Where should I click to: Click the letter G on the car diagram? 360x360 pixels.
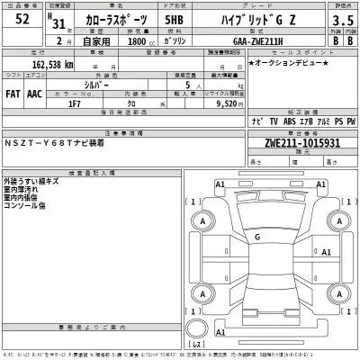[x=258, y=238]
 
